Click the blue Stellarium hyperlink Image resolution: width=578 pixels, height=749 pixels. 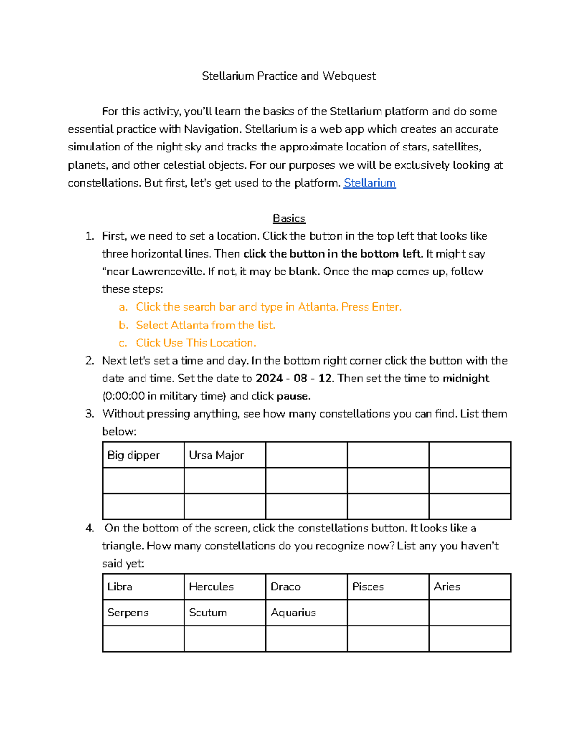pyautogui.click(x=369, y=183)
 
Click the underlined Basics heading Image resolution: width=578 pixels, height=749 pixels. pyautogui.click(x=289, y=218)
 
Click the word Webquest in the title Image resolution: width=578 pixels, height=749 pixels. pyautogui.click(x=349, y=76)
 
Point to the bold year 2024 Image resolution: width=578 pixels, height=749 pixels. pyautogui.click(x=269, y=378)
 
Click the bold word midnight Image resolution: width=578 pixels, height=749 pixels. pyautogui.click(x=466, y=378)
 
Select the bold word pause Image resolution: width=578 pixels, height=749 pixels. pyautogui.click(x=293, y=396)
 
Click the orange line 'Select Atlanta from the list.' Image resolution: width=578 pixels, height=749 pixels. pyautogui.click(x=206, y=325)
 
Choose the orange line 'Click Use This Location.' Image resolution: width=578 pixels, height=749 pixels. pyautogui.click(x=196, y=343)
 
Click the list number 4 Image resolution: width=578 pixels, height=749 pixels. pyautogui.click(x=90, y=528)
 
